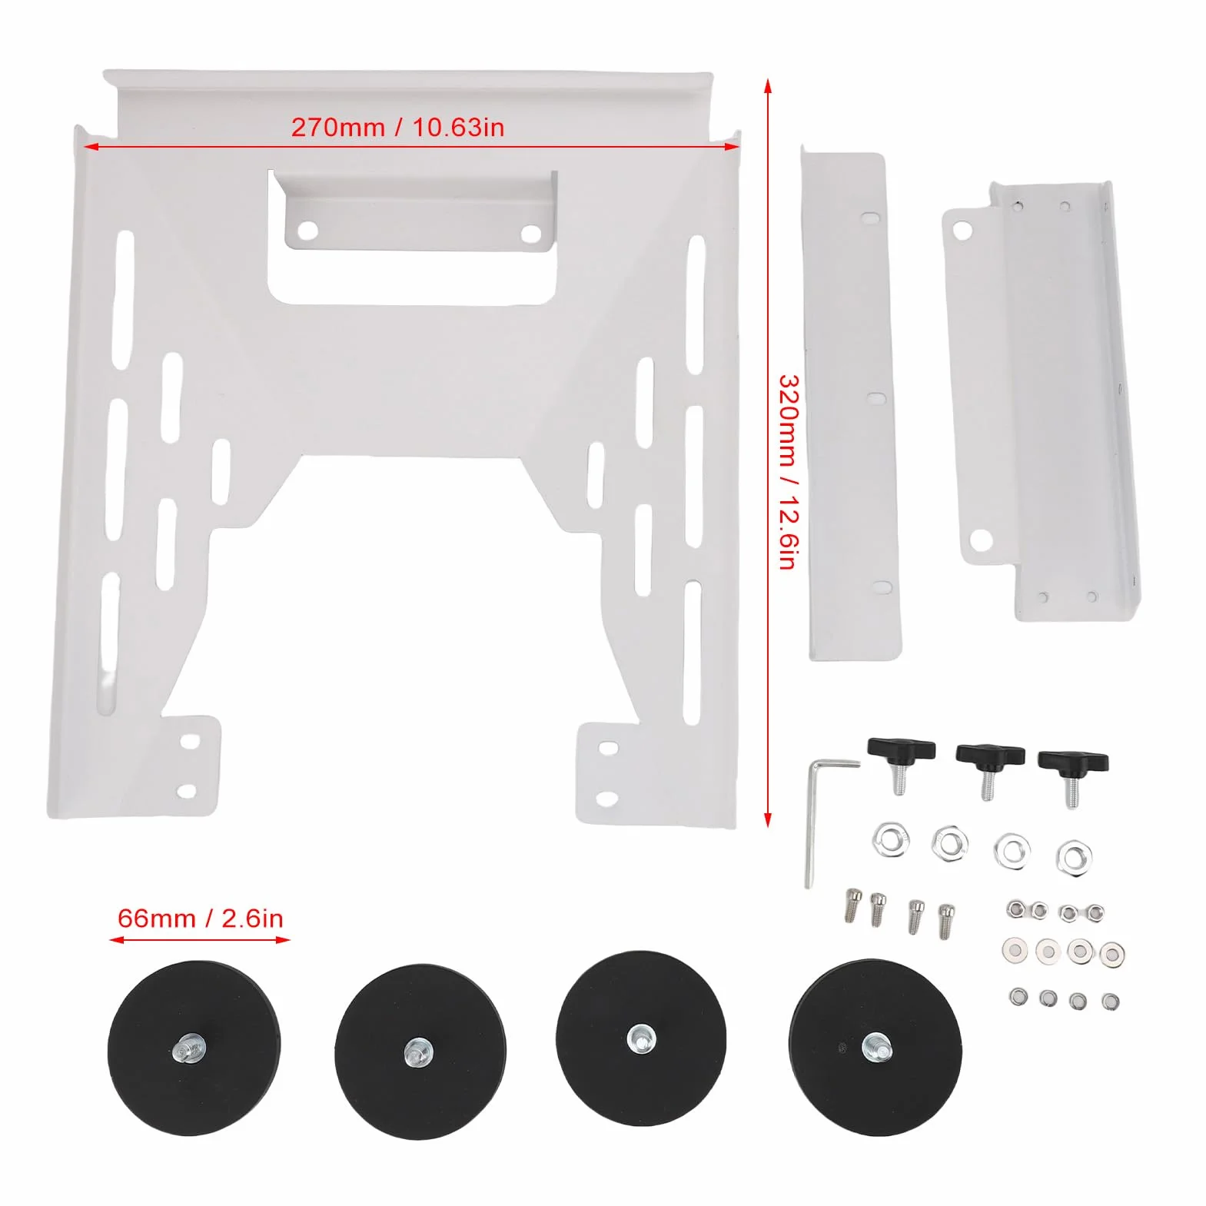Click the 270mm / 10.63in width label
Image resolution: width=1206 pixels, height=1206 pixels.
[x=397, y=127]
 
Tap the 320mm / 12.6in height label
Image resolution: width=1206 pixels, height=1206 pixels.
[x=789, y=472]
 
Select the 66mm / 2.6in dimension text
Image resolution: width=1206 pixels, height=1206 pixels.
[x=200, y=918]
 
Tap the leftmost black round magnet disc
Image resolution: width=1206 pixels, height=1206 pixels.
[x=194, y=1048]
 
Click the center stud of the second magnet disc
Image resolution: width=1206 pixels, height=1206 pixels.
[x=418, y=1050]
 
